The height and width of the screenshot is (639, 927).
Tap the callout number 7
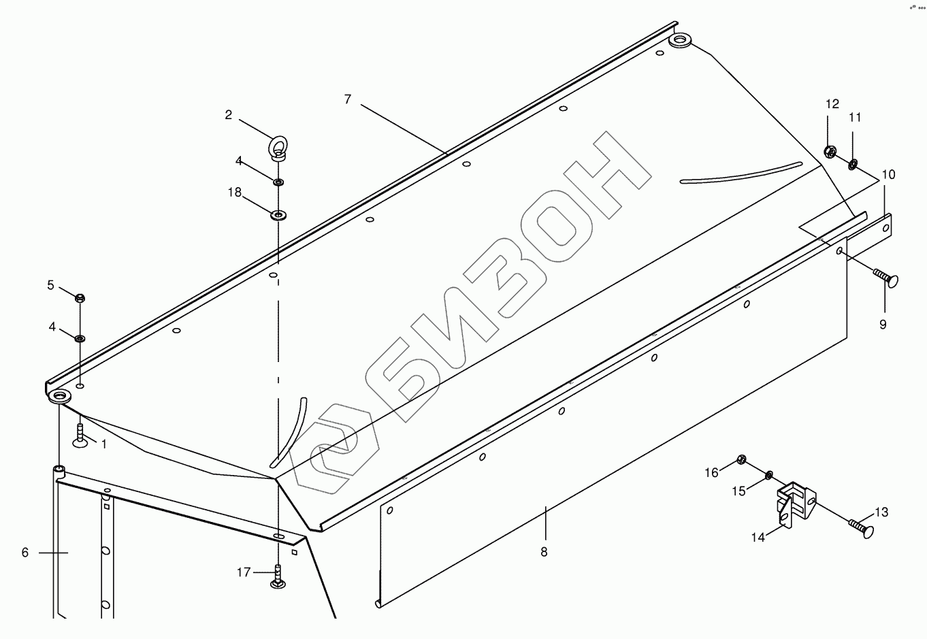point(348,99)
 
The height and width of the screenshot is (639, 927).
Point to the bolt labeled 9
point(885,278)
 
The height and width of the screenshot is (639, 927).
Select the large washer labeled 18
point(278,216)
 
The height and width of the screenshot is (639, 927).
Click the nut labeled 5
point(80,297)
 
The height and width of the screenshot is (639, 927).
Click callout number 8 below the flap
point(544,552)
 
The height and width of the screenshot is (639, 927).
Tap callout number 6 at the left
point(25,553)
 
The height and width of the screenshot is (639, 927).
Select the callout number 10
point(888,175)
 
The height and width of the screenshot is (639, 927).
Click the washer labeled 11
point(853,163)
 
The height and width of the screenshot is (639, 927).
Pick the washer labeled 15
point(769,474)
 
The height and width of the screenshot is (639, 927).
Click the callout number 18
point(234,193)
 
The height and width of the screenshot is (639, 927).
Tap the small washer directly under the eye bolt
point(278,182)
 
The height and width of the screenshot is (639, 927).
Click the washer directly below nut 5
point(80,338)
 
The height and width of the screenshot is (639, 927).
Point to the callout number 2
point(229,115)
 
